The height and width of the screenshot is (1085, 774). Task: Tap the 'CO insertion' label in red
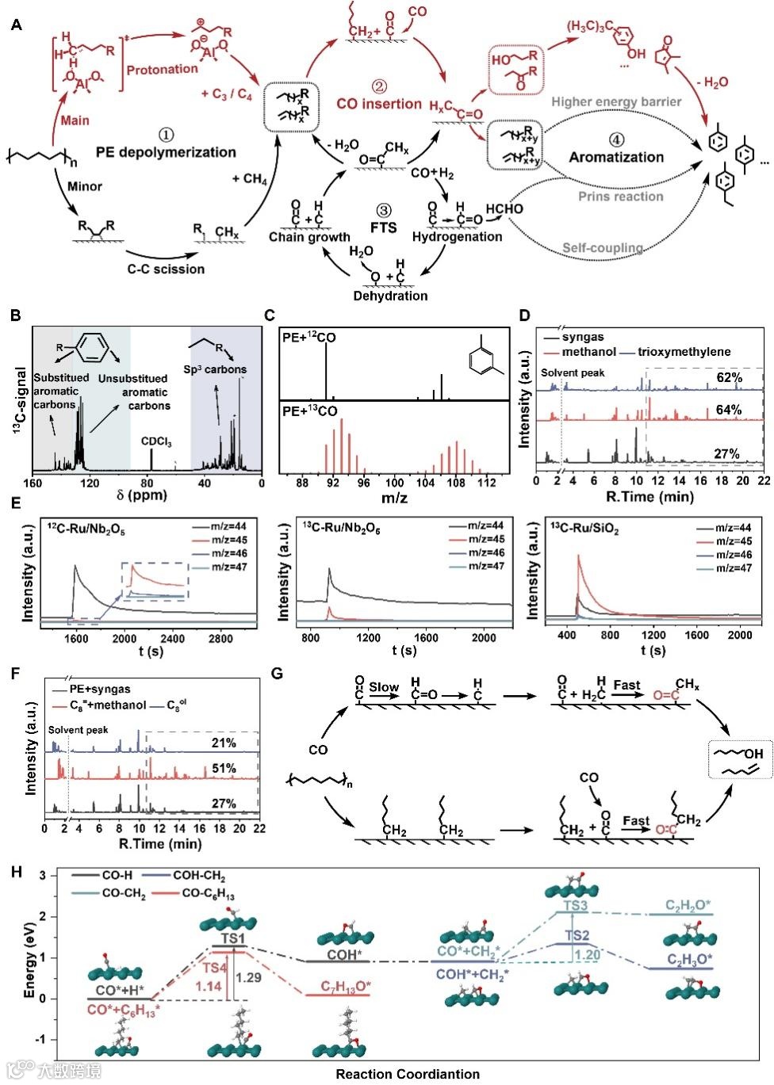(379, 104)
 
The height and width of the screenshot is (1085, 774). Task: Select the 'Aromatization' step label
(616, 156)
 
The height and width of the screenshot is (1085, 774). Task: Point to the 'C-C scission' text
(165, 269)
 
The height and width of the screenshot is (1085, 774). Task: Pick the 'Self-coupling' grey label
(603, 248)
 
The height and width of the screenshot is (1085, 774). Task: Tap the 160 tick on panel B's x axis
(33, 483)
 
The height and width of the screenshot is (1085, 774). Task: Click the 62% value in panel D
(729, 376)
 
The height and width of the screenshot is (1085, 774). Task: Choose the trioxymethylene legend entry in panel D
(684, 351)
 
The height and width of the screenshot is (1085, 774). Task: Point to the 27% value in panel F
(224, 804)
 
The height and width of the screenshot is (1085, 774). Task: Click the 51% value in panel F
(224, 769)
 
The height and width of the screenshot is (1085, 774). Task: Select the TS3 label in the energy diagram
(576, 905)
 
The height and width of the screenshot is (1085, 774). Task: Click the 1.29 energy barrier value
(248, 977)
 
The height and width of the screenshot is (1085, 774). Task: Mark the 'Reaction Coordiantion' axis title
(408, 1074)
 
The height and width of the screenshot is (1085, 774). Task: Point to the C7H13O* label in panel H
(347, 987)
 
